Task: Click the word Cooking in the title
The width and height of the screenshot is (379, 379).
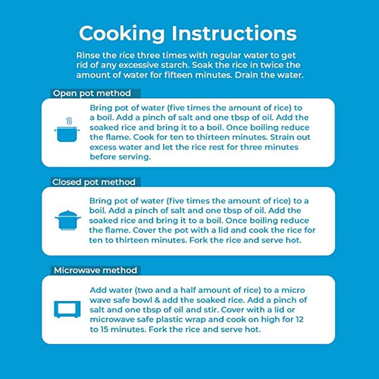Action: tap(122, 34)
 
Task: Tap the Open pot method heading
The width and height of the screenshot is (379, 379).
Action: tap(92, 93)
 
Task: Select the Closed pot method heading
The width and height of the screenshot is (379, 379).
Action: tap(94, 182)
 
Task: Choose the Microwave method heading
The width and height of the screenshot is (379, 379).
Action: tap(96, 270)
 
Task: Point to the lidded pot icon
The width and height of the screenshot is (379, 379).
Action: tap(68, 220)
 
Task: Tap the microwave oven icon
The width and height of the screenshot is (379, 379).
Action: tap(67, 309)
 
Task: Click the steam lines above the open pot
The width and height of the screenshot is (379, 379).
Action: tap(69, 121)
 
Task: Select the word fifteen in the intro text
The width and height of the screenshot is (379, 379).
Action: tap(178, 75)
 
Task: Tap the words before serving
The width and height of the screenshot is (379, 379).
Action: tap(121, 157)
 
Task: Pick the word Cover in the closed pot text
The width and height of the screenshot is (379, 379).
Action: tap(144, 230)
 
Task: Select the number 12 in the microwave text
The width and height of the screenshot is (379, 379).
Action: tap(299, 319)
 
